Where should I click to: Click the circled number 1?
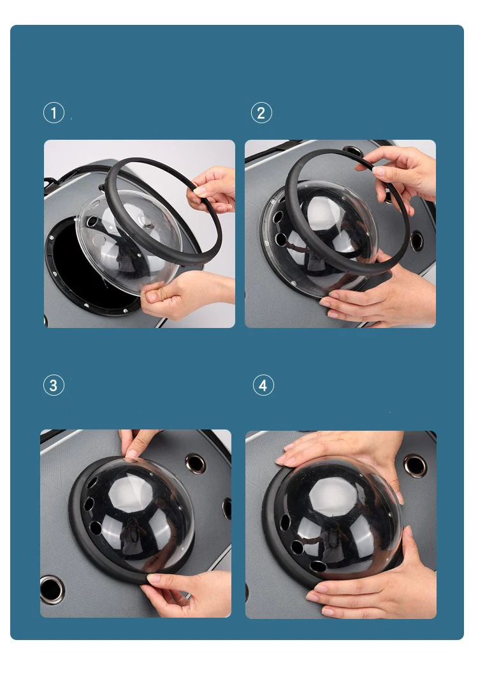[x=54, y=113]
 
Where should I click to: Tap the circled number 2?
[x=261, y=113]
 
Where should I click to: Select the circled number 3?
[x=54, y=385]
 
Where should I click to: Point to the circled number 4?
[x=263, y=385]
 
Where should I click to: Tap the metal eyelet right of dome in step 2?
[x=416, y=241]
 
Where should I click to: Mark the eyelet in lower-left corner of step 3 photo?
[x=52, y=590]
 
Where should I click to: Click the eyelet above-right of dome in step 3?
[x=195, y=463]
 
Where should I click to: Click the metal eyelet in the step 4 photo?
[x=415, y=466]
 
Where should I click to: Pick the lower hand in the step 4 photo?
[x=375, y=583]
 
